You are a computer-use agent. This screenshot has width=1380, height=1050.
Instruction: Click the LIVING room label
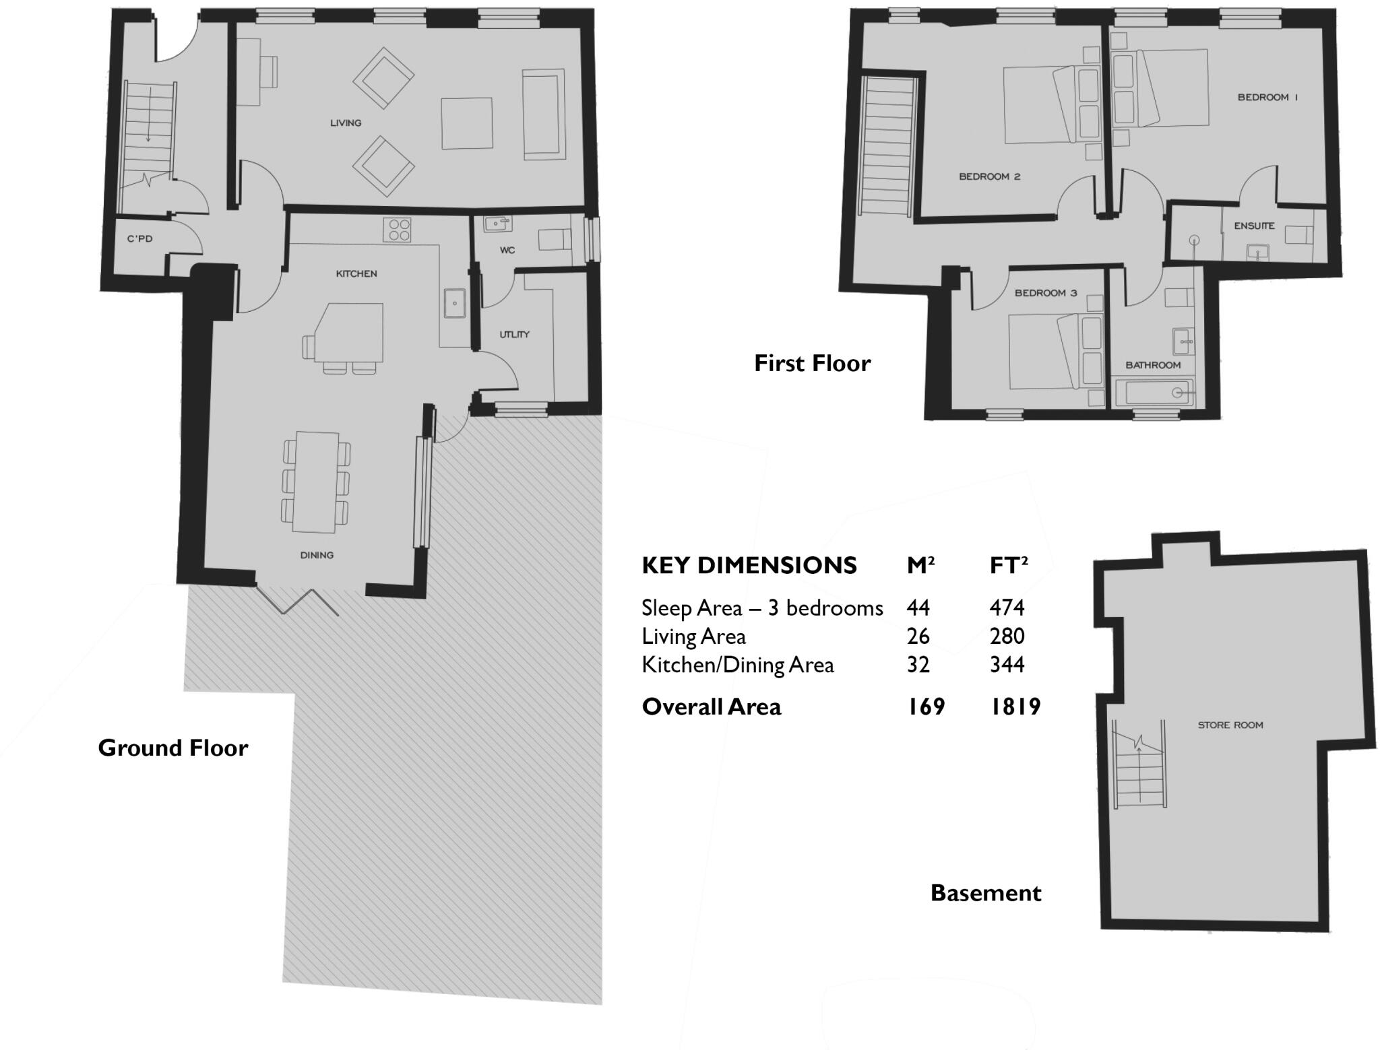point(346,123)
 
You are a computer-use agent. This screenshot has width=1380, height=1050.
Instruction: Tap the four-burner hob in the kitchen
point(397,230)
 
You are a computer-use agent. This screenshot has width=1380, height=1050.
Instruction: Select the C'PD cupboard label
point(139,238)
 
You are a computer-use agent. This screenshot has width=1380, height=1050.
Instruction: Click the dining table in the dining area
point(315,482)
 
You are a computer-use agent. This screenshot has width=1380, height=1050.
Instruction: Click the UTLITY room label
point(514,334)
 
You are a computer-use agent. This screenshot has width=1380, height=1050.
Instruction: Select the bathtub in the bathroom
point(1154,393)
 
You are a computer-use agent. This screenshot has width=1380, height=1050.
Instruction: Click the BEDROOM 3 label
point(1046,293)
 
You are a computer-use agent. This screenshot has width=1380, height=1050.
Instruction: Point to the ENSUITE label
point(1254,226)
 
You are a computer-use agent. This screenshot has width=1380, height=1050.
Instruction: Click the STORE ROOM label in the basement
point(1230,725)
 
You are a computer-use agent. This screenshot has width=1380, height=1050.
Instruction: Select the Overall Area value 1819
point(1015,707)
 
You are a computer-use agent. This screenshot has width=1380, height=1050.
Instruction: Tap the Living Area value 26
point(918,636)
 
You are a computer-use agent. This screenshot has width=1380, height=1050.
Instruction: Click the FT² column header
point(1008,566)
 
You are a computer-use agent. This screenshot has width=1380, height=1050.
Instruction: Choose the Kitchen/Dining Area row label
point(737,665)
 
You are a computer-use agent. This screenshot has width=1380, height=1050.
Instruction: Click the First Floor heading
point(812,364)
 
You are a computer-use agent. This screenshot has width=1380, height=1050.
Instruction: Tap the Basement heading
point(985,893)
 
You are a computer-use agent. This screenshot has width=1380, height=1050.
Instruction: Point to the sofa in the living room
point(543,114)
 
